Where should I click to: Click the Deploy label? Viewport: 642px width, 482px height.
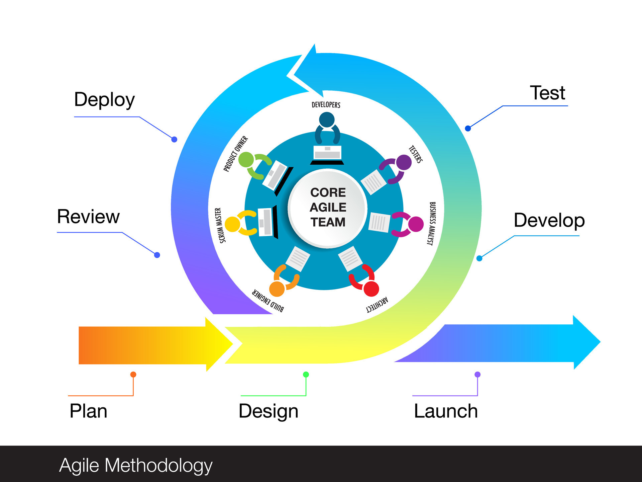tap(104, 100)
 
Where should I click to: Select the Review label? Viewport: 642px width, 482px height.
tap(88, 217)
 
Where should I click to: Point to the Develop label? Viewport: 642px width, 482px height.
tap(549, 221)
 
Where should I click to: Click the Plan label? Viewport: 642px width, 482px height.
tap(88, 411)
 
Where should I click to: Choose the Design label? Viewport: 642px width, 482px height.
tap(268, 411)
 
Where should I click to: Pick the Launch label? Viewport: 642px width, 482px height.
tap(446, 411)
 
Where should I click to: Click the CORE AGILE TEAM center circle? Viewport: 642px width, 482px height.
tap(328, 208)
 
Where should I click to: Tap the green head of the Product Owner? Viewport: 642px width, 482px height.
tap(246, 159)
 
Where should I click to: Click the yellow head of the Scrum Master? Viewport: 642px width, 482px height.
tap(232, 224)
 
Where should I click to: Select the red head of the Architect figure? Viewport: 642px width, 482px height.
tap(371, 289)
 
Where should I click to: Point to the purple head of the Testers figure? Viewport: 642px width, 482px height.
tap(404, 162)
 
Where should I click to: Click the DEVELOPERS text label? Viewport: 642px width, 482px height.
tap(326, 105)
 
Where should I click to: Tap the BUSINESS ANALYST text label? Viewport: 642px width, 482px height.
tap(432, 224)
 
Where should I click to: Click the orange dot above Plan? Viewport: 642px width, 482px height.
tap(133, 374)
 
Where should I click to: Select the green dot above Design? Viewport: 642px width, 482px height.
tap(306, 374)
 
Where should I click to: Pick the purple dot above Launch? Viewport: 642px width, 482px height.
tap(477, 374)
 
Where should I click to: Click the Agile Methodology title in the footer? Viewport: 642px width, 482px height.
tap(136, 465)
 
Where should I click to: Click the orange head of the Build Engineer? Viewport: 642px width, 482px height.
tap(277, 289)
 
